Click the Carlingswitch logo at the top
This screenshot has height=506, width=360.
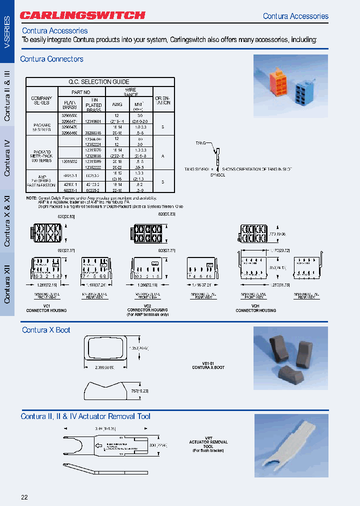click(83, 15)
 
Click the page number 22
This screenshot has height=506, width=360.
click(24, 496)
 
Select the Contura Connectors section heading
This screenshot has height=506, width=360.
click(51, 59)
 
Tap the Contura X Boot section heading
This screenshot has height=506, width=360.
click(46, 330)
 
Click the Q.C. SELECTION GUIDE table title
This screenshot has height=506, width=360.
click(99, 81)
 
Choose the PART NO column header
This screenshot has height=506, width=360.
click(80, 92)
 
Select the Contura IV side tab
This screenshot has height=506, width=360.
click(7, 158)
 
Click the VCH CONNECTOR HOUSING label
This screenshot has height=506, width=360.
click(255, 308)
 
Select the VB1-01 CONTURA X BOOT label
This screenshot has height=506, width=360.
click(208, 365)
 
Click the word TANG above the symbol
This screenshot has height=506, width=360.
click(201, 143)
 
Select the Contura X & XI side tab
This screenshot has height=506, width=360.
click(7, 220)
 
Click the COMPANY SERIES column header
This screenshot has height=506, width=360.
click(41, 100)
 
